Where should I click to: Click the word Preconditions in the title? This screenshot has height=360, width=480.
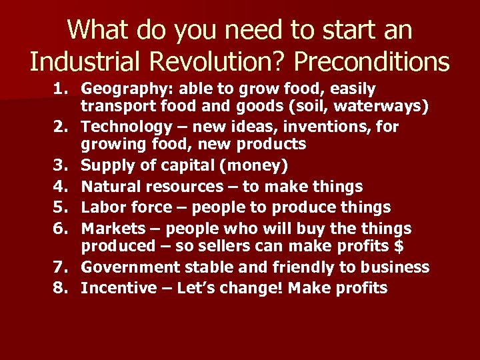point(371,62)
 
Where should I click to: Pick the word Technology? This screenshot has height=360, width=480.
point(127,126)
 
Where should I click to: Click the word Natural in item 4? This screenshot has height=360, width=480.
point(110,186)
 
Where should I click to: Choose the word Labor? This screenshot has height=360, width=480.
point(102,207)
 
